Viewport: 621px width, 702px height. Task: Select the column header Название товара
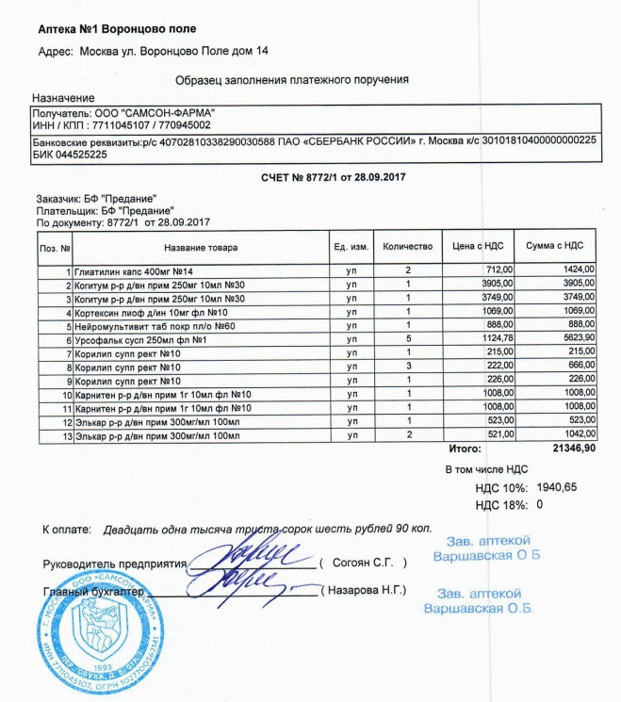pos(201,248)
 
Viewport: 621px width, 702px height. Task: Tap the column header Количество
pos(408,247)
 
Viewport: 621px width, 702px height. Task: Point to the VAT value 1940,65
pos(556,487)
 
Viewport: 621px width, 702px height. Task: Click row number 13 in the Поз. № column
pos(67,435)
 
